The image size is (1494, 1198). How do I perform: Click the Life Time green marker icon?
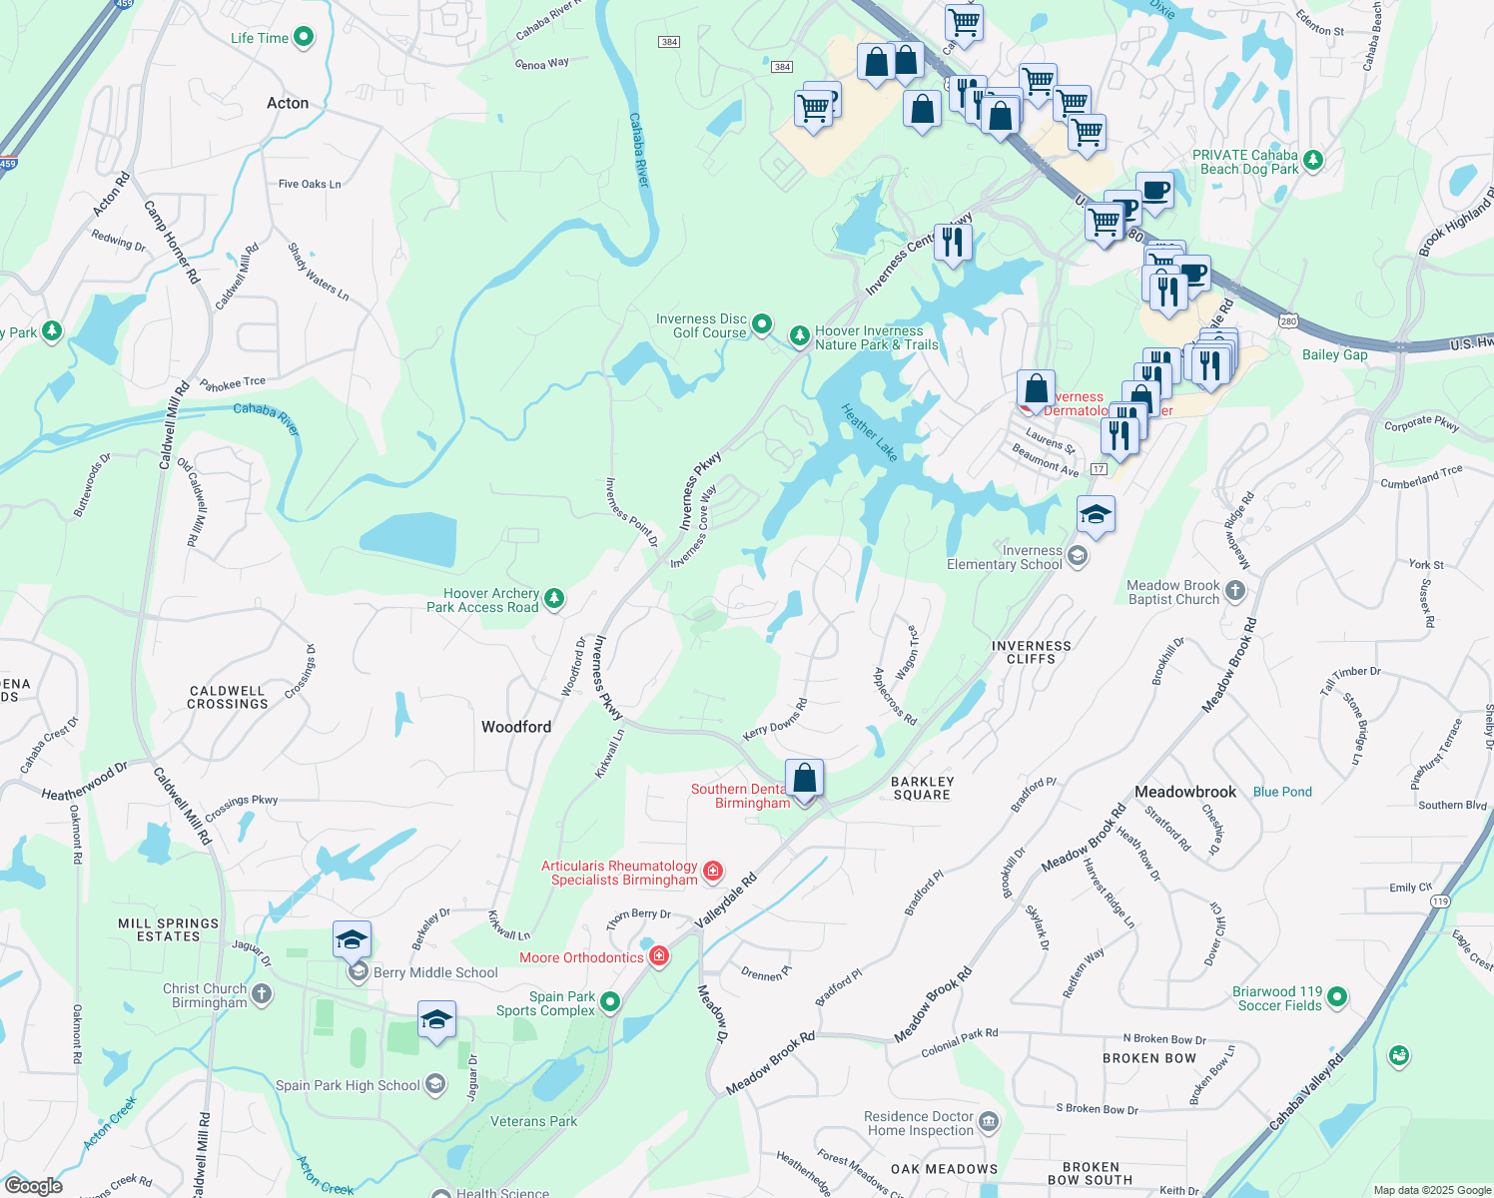click(x=304, y=38)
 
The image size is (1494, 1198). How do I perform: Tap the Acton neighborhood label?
click(x=288, y=103)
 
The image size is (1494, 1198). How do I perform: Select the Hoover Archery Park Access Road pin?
click(x=554, y=599)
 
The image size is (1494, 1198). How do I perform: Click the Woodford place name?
click(x=516, y=727)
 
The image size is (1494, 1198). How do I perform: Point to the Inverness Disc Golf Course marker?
click(x=762, y=323)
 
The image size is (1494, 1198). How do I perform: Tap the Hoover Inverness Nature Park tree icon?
click(x=799, y=336)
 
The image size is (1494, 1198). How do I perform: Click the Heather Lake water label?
click(x=869, y=431)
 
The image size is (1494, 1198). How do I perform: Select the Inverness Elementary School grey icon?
click(x=1077, y=556)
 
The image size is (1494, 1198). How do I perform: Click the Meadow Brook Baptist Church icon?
click(x=1235, y=591)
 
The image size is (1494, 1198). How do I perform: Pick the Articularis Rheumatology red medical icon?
click(x=713, y=872)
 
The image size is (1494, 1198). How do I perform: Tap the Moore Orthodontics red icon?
click(x=659, y=957)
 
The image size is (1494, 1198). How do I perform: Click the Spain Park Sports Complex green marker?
click(x=610, y=1001)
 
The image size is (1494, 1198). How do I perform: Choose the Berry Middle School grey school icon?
click(x=358, y=971)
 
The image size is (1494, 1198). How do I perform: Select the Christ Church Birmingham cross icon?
click(x=261, y=993)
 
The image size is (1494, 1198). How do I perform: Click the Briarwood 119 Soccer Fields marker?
click(x=1337, y=996)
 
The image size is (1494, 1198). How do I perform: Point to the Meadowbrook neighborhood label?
click(x=1185, y=792)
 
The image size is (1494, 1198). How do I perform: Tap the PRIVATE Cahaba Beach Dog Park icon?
click(x=1313, y=160)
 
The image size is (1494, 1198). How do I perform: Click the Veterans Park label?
click(x=533, y=1121)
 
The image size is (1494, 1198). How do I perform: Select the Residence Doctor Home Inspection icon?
click(x=989, y=1122)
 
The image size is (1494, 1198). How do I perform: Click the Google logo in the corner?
click(x=33, y=1185)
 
